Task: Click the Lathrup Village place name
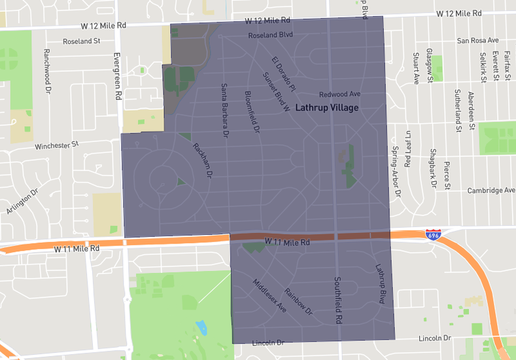[326, 107]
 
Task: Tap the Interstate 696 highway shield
[433, 234]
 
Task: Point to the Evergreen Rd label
[118, 77]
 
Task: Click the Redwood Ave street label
[340, 94]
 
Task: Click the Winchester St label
[57, 145]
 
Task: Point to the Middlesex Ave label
[269, 295]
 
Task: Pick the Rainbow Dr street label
[299, 302]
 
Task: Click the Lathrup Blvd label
[381, 283]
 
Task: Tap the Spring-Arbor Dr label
[395, 171]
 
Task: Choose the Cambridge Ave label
[490, 190]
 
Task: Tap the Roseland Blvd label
[271, 34]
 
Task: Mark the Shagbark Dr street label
[433, 168]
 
